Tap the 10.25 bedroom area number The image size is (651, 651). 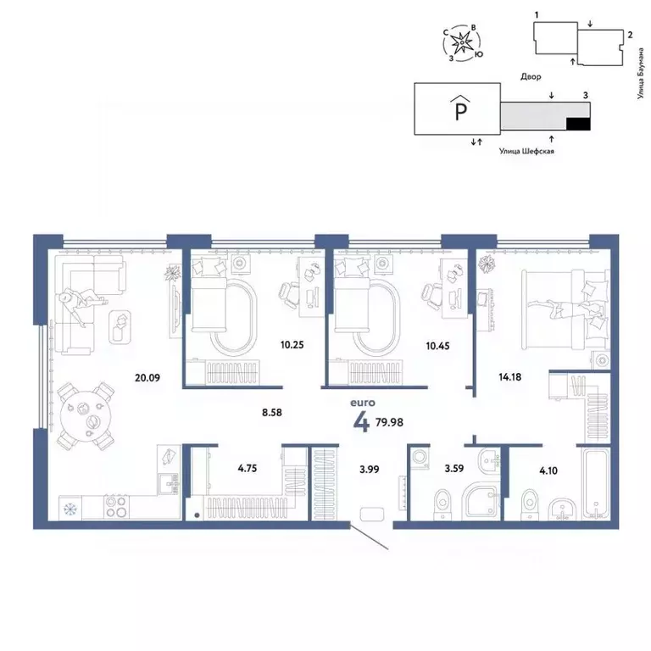click(x=292, y=345)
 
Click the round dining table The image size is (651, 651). click(x=85, y=415)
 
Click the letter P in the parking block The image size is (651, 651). click(x=459, y=109)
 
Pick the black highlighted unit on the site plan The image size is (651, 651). click(x=577, y=125)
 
